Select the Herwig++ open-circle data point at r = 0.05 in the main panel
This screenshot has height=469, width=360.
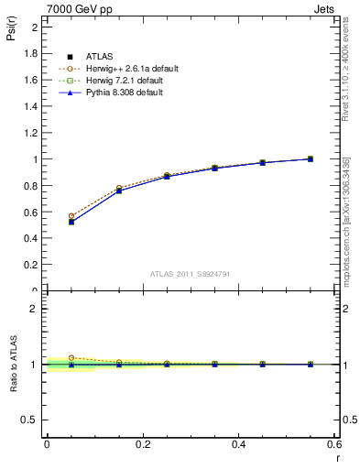[x=71, y=216]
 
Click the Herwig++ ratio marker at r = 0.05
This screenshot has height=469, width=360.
[x=71, y=358]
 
